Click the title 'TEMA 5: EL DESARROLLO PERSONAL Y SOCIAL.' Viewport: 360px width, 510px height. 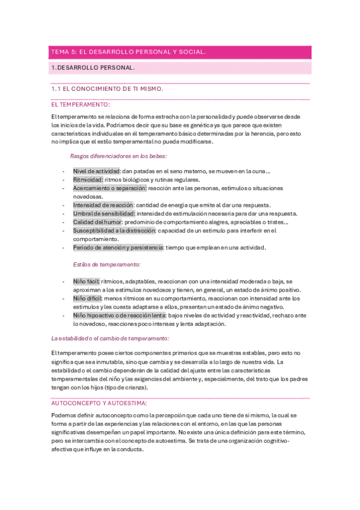(129, 52)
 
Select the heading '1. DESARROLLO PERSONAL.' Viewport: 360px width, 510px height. (93, 68)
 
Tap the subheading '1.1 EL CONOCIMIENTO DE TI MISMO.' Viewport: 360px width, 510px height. (107, 89)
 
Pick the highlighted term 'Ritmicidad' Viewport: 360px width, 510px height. (88, 179)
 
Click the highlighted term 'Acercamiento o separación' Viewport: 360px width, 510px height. (109, 188)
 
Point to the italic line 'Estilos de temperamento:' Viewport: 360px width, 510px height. (106, 264)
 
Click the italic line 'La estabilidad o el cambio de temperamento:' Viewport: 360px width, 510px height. (110, 338)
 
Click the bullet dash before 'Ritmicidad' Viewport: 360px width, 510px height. (63, 179)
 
